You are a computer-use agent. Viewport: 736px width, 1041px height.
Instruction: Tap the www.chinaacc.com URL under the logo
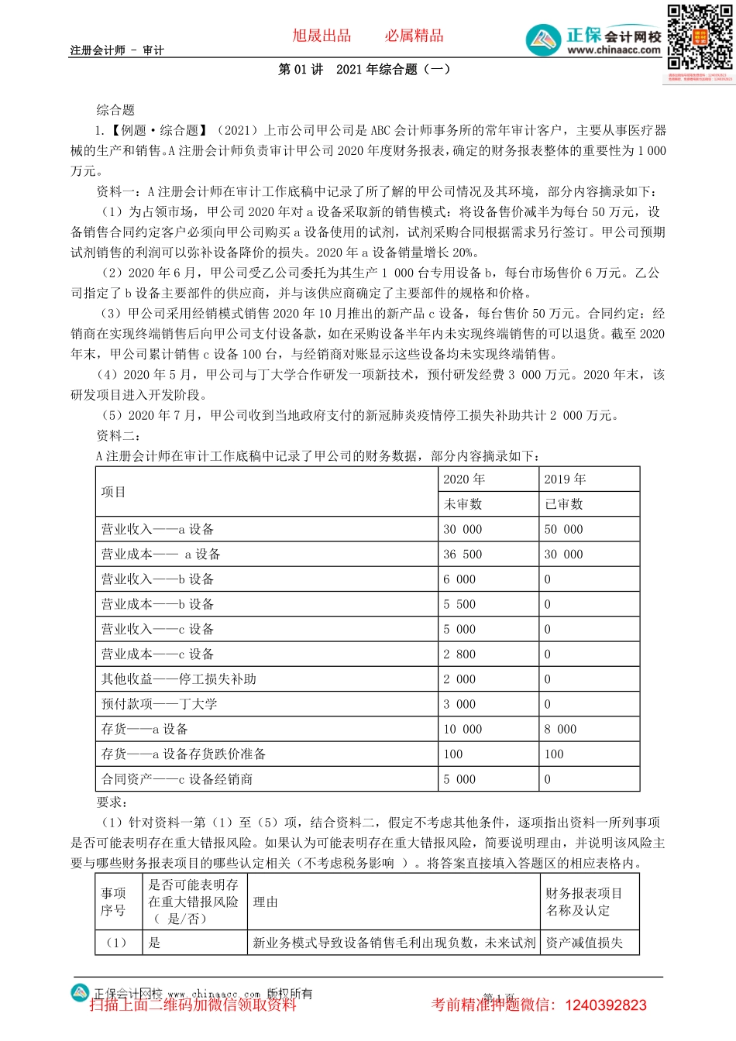pos(614,50)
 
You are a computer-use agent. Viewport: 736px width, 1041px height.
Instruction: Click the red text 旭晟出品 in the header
pos(322,36)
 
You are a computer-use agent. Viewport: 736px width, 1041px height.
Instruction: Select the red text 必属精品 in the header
pos(414,36)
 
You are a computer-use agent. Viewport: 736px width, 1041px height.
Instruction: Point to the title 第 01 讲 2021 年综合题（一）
pos(364,70)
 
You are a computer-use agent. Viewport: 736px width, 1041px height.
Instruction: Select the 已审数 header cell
pos(564,504)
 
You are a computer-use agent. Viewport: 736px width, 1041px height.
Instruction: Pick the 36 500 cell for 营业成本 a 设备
pos(463,555)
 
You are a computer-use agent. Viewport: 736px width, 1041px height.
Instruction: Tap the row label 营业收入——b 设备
pos(157,579)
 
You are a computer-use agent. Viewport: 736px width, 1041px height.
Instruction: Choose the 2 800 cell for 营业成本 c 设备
pos(459,654)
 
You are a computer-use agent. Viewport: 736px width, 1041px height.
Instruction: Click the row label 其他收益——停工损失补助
pos(178,679)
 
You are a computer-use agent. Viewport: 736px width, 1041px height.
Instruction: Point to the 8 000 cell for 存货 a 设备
pos(560,730)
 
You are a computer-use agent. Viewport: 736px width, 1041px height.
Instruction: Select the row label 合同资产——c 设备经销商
pos(177,779)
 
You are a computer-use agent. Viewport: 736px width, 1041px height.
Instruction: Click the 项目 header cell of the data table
pos(113,492)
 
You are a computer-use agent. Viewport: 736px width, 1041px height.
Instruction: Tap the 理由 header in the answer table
pos(265,902)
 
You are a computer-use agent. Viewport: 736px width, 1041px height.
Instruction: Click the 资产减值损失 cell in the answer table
pos(584,943)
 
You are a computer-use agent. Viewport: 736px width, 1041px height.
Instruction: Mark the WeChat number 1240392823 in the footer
pos(606,1005)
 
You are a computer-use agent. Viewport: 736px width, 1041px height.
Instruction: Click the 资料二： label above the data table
pos(119,435)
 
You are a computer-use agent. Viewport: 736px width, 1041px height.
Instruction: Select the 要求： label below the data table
pos(112,802)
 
